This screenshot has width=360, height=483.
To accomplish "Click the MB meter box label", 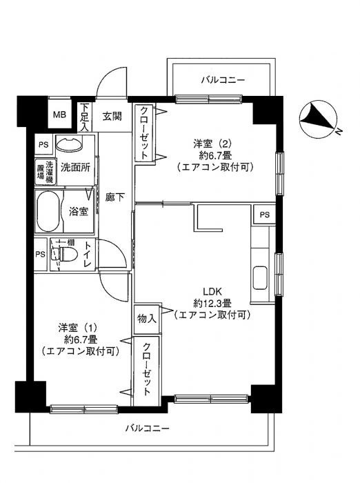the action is pos(59,115).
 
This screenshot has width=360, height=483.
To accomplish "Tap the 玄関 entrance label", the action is pos(112,117).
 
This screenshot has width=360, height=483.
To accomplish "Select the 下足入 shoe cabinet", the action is pos(84,117).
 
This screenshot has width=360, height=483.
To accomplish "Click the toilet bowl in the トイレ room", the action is pos(66,254).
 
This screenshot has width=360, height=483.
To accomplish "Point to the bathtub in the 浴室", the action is pos(48,211).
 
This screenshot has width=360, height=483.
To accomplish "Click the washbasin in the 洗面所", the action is pos(69,144).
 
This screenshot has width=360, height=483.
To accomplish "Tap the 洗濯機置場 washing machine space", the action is pos(45,172).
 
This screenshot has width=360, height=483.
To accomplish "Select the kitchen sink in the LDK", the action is pos(260,278).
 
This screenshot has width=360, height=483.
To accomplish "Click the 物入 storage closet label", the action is pos(147,319).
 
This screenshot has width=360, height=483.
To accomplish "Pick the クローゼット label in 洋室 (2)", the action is pos(144,133).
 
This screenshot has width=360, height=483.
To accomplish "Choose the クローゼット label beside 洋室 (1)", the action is pos(146,369).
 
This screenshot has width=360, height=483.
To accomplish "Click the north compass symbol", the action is pos(319,119).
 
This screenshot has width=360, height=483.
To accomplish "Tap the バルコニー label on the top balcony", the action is pos(223,81).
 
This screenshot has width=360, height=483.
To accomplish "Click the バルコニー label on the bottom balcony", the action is pos(147,428).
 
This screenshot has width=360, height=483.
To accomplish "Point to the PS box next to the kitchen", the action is pos(264,215).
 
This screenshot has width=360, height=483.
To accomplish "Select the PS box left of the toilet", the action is pos(40,255).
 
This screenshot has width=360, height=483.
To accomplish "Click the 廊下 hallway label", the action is pos(115,197).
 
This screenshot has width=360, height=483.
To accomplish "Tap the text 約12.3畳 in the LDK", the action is pos(212,304).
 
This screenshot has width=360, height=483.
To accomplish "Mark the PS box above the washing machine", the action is pos(43,144).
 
